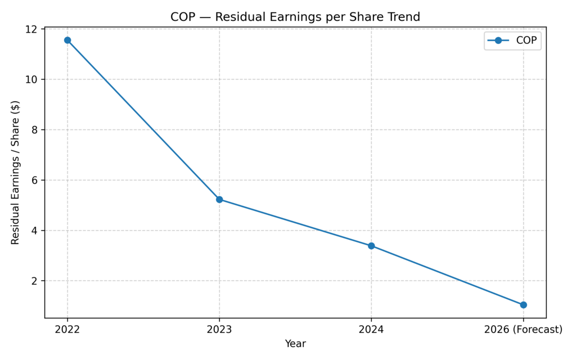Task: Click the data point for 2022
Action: (x=67, y=40)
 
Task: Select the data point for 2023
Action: (x=219, y=200)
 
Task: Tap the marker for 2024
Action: (x=371, y=246)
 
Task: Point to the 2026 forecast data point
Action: (x=523, y=305)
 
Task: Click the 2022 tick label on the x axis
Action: (x=67, y=330)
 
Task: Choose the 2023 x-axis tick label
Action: (x=219, y=330)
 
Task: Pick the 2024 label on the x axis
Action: (x=371, y=330)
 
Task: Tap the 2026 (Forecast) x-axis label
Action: (x=523, y=330)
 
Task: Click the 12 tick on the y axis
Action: (x=34, y=29)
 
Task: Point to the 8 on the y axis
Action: (x=37, y=130)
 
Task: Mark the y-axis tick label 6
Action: (x=37, y=180)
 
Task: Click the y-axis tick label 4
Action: (x=37, y=231)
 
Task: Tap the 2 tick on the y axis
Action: (x=37, y=281)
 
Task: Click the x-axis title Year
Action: (x=295, y=343)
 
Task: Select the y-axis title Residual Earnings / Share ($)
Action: (x=15, y=172)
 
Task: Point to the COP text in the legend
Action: (x=526, y=40)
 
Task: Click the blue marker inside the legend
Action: (x=498, y=40)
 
